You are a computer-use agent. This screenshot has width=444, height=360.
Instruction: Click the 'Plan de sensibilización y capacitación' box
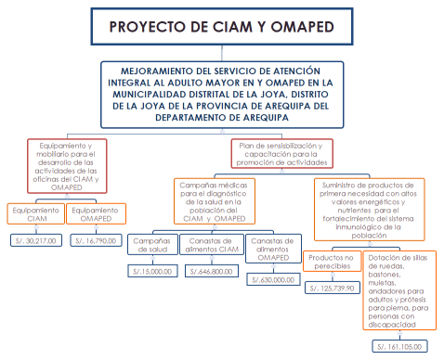[x=280, y=150]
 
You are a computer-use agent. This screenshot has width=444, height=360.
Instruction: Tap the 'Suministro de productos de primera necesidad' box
[x=370, y=202]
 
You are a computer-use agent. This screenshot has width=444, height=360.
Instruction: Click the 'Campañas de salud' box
[x=150, y=247]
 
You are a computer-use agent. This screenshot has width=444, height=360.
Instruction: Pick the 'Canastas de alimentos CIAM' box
[x=212, y=247]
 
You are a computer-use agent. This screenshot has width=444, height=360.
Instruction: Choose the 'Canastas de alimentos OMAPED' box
[x=274, y=247]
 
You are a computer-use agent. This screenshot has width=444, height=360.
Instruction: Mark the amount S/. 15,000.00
[x=152, y=272]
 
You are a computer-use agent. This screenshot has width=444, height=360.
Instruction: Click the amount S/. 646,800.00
[x=212, y=272]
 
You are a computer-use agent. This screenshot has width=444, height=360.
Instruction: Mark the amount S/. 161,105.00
[x=399, y=346]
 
